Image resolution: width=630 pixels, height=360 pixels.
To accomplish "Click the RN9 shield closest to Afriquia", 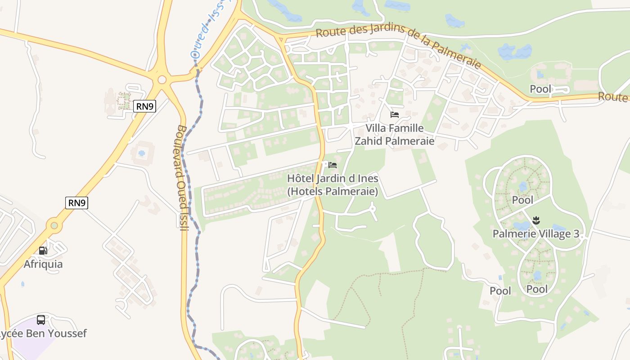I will tap(76, 203).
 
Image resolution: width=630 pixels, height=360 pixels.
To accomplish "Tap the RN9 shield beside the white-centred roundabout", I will tap(144, 106).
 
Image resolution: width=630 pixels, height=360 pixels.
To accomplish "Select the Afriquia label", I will tap(43, 264).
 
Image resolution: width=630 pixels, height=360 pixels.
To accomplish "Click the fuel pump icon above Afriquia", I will tap(43, 250).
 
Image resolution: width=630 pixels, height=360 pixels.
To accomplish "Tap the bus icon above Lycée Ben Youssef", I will tap(41, 320).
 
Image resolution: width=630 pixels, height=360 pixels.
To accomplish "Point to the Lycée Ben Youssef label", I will tap(43, 333).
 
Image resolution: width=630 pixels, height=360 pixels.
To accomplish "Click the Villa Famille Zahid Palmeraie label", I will tap(395, 135).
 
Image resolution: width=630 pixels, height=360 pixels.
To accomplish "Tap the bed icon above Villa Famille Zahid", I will tap(395, 115).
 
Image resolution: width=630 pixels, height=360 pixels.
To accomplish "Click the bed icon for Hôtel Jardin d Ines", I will tap(333, 165).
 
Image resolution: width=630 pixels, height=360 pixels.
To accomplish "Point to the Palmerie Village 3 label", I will tap(535, 234).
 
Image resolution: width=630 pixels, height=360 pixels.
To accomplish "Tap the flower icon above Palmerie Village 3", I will tap(536, 220).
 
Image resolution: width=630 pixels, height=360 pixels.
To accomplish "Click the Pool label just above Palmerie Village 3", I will tap(522, 200).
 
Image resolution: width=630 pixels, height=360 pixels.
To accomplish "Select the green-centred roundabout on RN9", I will tap(54, 225).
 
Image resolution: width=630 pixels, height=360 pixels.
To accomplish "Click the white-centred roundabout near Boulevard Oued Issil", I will tap(162, 80).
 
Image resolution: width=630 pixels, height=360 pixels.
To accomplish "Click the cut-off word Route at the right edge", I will tap(614, 96).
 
